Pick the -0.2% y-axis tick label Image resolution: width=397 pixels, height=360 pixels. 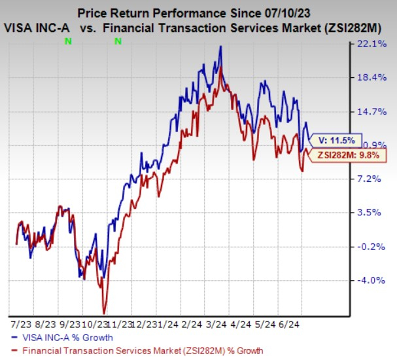373,247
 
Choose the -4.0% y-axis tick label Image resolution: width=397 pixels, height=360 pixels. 373,280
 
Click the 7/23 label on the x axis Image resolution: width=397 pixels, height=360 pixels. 17,324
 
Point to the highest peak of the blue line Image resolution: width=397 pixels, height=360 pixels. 221,46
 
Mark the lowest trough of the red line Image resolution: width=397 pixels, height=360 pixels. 103,313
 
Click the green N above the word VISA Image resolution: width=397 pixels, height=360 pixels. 68,41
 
